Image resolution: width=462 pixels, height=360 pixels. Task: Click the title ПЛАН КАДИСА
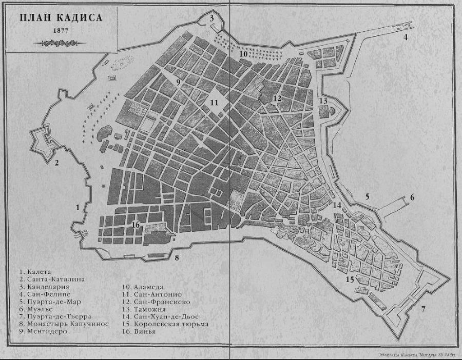coord(61,18)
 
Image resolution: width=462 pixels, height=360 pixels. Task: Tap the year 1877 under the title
coord(61,31)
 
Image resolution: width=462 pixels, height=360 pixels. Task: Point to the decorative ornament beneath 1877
coord(61,43)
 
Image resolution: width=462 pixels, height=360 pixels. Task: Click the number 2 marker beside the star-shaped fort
coord(57,163)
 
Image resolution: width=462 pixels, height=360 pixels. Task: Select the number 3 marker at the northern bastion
coord(211,18)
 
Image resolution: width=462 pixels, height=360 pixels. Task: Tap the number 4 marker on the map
coord(405,37)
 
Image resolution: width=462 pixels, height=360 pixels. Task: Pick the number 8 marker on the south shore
coord(177,257)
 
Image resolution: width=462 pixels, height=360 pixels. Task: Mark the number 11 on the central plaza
coord(214,102)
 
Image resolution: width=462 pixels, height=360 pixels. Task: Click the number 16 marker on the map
coord(136,225)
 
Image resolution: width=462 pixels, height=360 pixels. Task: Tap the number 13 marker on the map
coord(323,101)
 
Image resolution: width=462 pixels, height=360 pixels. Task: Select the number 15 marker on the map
coord(350,279)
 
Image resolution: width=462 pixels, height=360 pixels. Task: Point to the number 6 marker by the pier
coord(412,197)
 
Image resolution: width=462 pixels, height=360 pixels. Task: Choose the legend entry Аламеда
coord(142,287)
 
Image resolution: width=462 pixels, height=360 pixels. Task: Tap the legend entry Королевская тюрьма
coord(164,324)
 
